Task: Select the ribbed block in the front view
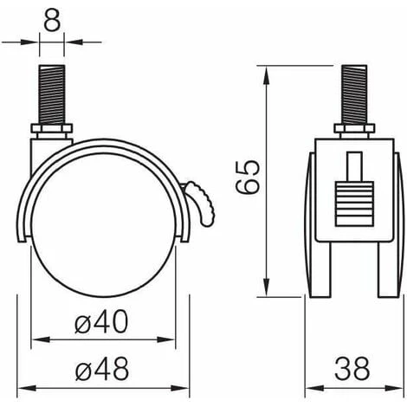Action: pos(351,208)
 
